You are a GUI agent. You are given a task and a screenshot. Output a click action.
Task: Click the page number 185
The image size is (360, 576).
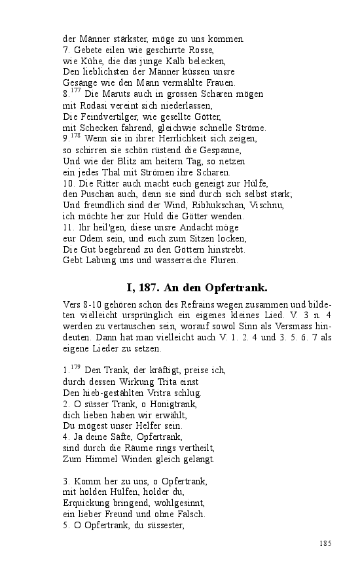coord(326,543)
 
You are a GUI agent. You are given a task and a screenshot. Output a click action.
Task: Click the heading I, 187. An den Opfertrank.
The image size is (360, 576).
coord(196,287)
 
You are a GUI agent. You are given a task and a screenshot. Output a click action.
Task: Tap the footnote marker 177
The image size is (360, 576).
coord(76,90)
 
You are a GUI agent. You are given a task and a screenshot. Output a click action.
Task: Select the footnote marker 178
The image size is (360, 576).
coord(76,136)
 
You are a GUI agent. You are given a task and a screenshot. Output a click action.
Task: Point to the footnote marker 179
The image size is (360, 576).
coord(76,367)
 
